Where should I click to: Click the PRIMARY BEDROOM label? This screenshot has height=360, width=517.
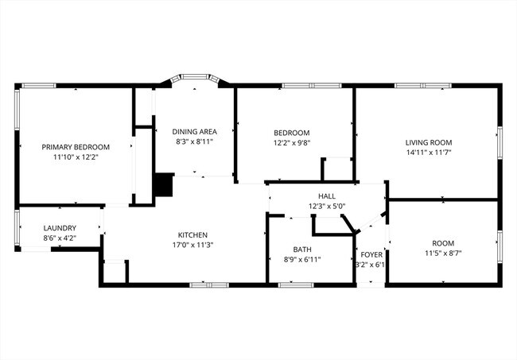[x=76, y=147]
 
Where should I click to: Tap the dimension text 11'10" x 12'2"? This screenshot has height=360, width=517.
[x=76, y=157]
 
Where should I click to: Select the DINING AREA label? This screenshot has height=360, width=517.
[x=195, y=132]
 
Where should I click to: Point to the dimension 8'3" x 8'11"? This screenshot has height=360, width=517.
[x=195, y=142]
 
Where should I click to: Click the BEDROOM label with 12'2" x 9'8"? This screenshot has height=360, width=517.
[x=292, y=133]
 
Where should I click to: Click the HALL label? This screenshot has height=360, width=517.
[x=327, y=195]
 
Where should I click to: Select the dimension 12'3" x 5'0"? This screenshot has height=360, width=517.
[x=327, y=206]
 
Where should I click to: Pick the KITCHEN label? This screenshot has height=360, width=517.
[x=192, y=235]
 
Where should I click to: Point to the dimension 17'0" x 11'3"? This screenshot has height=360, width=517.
[x=192, y=246]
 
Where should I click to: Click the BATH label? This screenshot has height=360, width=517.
[x=302, y=250]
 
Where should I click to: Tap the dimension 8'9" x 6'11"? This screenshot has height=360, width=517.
[x=302, y=260]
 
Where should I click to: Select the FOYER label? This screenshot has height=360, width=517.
[x=371, y=255]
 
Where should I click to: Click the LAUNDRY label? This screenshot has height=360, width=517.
[x=60, y=228]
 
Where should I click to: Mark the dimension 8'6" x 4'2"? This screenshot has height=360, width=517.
[x=60, y=238]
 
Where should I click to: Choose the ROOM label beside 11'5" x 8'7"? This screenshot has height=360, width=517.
[x=443, y=243]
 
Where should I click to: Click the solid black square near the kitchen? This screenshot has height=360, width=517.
[x=164, y=185]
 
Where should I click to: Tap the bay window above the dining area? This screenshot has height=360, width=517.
[x=194, y=80]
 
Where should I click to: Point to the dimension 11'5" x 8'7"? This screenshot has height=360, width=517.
[x=443, y=254]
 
